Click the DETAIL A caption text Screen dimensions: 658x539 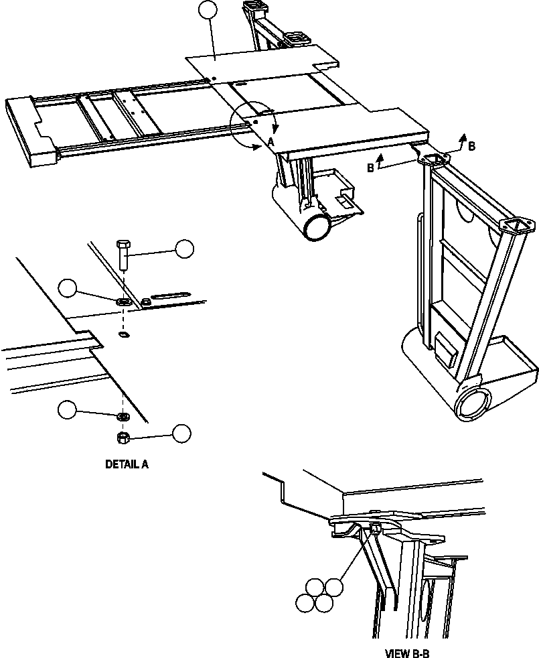tap(127, 464)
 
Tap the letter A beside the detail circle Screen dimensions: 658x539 tap(271, 141)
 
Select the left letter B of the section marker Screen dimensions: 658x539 tap(370, 168)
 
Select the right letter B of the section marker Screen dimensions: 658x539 tap(471, 146)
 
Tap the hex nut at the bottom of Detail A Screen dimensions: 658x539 tap(123, 438)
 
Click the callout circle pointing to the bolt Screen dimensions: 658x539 tap(184, 249)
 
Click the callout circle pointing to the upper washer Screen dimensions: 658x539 tap(68, 288)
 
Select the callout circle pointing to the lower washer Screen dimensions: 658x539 tap(68, 409)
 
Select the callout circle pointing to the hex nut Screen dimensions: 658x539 tap(181, 434)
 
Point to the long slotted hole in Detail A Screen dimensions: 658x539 tap(170, 295)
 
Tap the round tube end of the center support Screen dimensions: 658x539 tap(317, 226)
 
